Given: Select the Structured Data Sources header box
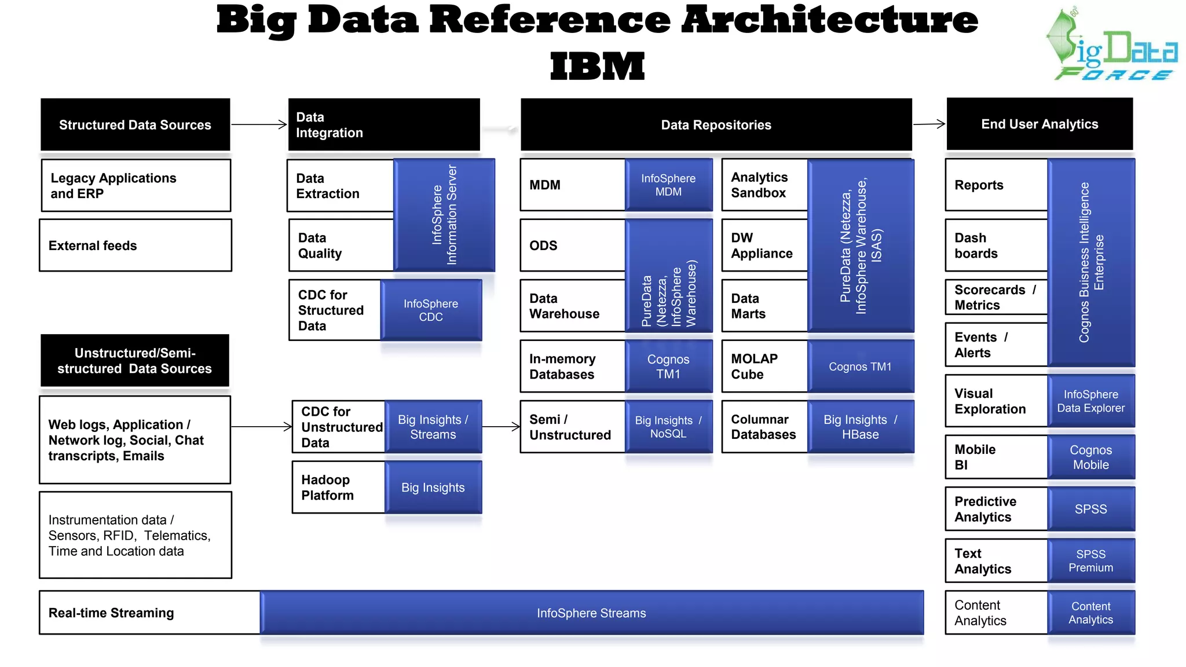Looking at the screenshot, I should click(135, 124).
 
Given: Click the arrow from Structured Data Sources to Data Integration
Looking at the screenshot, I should click(259, 124).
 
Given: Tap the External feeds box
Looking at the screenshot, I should click(135, 245).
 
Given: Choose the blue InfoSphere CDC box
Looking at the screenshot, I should click(431, 310).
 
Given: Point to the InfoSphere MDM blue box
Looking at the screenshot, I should click(668, 185).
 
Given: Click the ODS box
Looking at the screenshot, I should click(572, 245).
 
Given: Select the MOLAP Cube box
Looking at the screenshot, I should click(764, 367).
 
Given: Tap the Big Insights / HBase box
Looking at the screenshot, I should click(861, 427).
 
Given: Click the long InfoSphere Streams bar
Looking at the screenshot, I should click(591, 613).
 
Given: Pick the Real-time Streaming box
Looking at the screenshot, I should click(149, 613).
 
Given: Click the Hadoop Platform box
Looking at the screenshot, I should click(339, 488).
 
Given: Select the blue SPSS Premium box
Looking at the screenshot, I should click(1091, 561).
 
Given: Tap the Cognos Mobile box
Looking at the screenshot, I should click(1091, 457).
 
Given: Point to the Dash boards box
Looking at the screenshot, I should click(996, 245).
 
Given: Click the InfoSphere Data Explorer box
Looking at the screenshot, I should click(1091, 401).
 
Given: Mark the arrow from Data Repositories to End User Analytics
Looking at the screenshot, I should click(929, 124).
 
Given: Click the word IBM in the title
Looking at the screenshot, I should click(597, 67).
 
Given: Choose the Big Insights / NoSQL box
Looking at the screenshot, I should click(668, 427).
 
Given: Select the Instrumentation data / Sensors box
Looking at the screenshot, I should click(135, 536).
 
